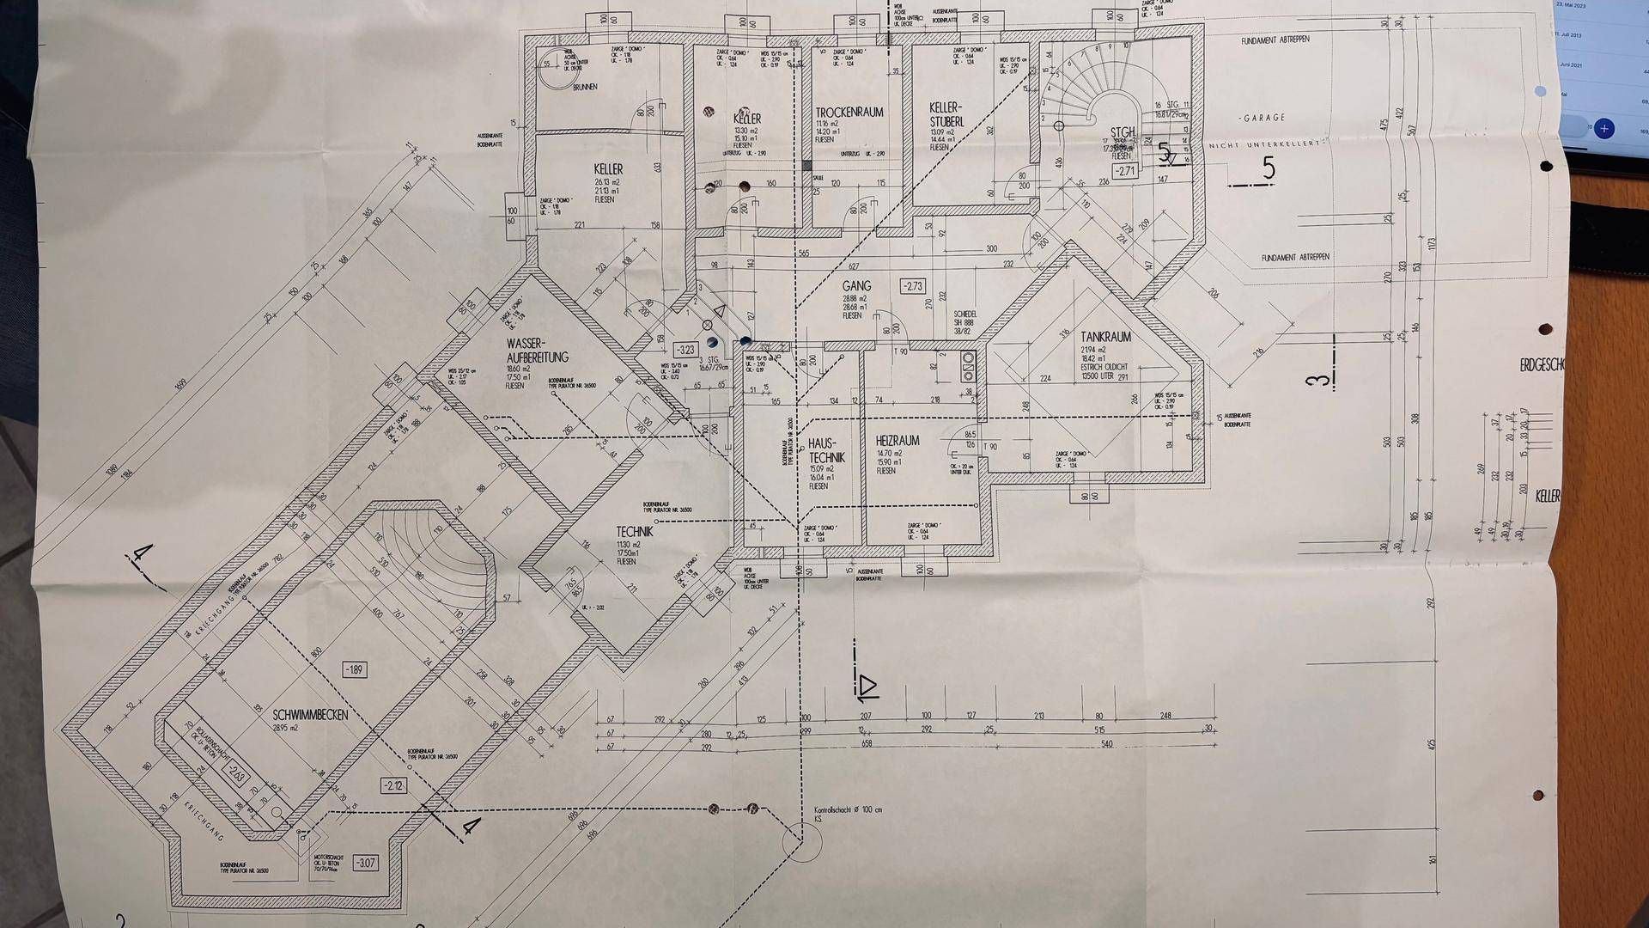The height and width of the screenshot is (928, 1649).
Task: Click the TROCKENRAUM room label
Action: click(x=849, y=113)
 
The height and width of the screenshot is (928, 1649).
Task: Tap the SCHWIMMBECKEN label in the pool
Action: click(x=311, y=715)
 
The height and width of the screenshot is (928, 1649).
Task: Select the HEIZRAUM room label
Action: click(x=898, y=441)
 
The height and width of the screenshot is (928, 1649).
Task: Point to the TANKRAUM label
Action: click(x=1105, y=337)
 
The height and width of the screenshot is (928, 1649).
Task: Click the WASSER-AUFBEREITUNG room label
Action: click(x=537, y=351)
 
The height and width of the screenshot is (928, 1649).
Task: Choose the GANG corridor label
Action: click(x=856, y=286)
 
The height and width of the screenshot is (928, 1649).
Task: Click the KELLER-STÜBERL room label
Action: click(x=946, y=115)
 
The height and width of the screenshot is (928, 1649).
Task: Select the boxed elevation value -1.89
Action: click(x=354, y=669)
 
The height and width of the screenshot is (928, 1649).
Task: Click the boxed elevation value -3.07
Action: click(x=365, y=863)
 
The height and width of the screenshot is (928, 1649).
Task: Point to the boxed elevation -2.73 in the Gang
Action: click(x=912, y=286)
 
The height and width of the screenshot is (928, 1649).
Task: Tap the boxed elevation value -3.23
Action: click(x=685, y=350)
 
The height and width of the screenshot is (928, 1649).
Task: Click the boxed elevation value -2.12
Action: click(x=393, y=785)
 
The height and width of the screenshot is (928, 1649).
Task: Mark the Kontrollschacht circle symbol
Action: click(x=802, y=840)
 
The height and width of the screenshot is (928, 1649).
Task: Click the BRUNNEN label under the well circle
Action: click(x=584, y=87)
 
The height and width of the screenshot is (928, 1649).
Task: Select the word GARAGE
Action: click(x=1264, y=118)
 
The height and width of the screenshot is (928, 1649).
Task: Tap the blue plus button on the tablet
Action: click(x=1603, y=129)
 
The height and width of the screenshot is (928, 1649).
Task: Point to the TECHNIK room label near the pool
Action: click(x=634, y=532)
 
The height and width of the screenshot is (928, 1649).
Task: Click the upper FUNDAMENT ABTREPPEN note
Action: click(x=1275, y=40)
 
